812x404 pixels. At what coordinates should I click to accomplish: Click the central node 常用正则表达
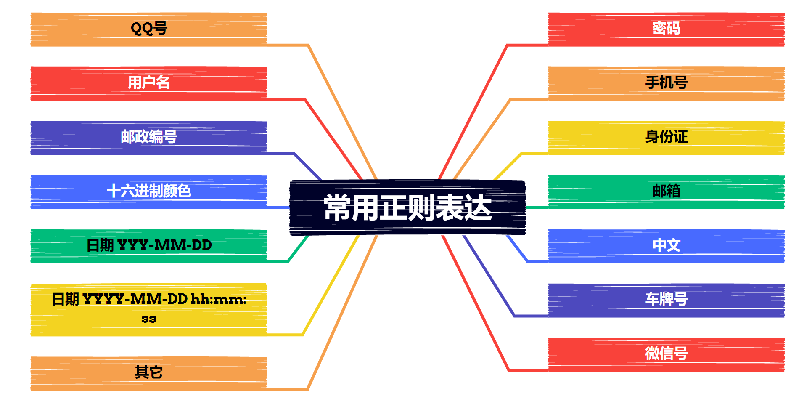point(407,207)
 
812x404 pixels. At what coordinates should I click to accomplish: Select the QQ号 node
point(149,29)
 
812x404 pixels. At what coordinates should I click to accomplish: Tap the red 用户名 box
point(149,83)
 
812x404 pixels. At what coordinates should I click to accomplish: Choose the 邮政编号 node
point(149,137)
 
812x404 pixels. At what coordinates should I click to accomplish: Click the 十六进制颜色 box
point(149,191)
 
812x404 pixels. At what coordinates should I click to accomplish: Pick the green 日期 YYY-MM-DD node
point(149,246)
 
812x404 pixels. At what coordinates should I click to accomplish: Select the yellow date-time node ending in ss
point(149,309)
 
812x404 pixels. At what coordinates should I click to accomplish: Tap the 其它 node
point(149,373)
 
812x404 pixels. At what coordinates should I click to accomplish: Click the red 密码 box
point(666,29)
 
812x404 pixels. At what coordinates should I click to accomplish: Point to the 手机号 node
point(666,83)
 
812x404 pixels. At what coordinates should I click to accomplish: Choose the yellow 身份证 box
point(666,137)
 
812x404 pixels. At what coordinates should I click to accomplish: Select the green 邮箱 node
point(666,191)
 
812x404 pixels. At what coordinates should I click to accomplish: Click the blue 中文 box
point(666,246)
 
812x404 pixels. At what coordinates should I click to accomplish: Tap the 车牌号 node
point(666,300)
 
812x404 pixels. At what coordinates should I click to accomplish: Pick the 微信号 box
point(666,354)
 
